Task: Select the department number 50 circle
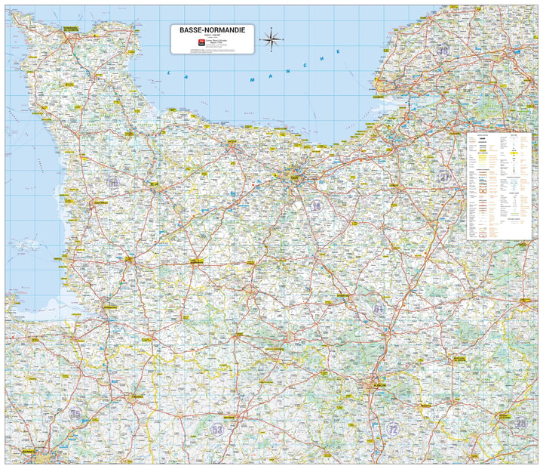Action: point(113,182)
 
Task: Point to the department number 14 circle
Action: point(316,206)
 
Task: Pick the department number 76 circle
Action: point(443,51)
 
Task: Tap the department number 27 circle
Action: point(445,177)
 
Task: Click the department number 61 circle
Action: point(379,308)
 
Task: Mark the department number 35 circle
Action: point(75,413)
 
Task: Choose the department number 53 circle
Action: point(217,428)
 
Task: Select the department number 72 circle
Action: point(393,428)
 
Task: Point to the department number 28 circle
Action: point(521,424)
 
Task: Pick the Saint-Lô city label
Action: point(154,184)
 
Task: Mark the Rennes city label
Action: point(30,452)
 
